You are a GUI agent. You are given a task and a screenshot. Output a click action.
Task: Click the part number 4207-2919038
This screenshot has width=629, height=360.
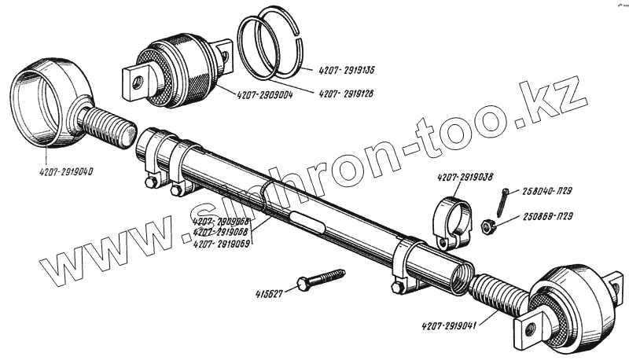pos(466,178)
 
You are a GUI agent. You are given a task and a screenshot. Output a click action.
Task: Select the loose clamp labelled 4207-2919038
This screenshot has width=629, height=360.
pos(453,219)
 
